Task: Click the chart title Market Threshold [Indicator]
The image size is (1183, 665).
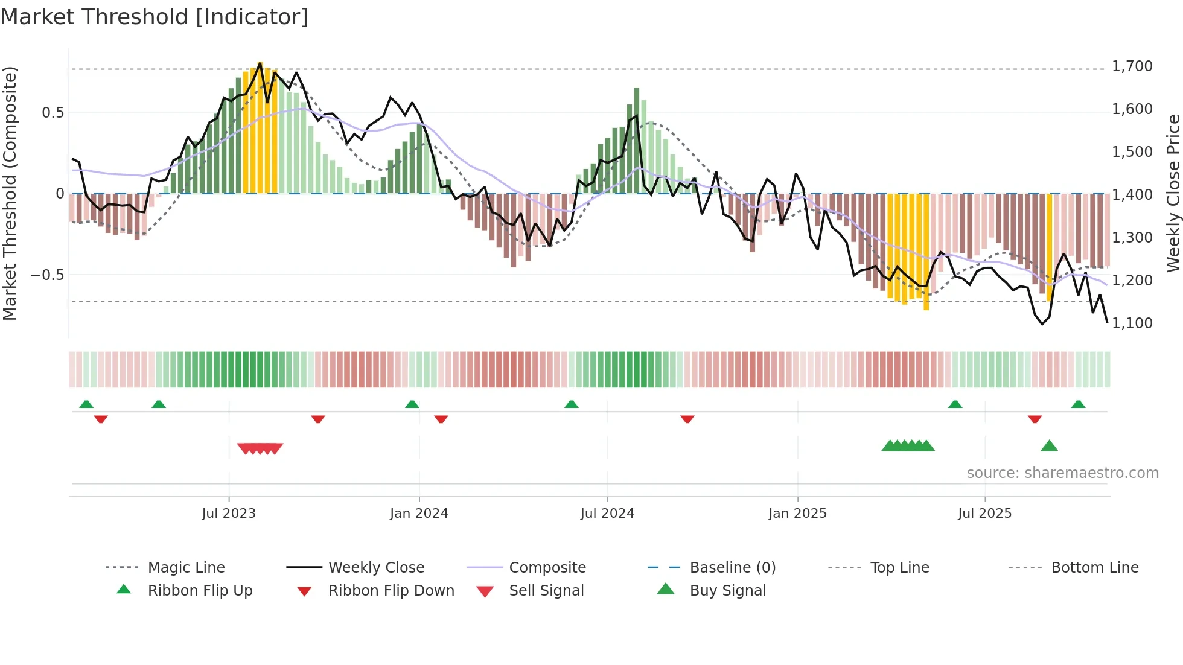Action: tap(155, 17)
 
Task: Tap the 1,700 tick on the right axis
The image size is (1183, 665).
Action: tap(1132, 66)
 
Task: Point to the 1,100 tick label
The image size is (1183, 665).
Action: tap(1132, 323)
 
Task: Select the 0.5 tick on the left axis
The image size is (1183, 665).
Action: tap(53, 113)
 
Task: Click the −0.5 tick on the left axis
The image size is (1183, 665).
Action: tap(48, 275)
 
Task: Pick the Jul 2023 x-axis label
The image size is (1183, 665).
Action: tap(229, 514)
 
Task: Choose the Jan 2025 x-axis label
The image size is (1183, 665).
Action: tap(797, 514)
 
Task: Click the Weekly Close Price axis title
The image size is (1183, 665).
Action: tap(1173, 193)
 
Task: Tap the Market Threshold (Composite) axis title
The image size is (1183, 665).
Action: tap(10, 193)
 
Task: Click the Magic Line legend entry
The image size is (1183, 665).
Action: tap(186, 568)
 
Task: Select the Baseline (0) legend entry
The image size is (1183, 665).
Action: tap(732, 568)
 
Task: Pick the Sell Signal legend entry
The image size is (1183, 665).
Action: tap(546, 591)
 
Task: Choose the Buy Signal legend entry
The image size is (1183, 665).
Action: tap(727, 591)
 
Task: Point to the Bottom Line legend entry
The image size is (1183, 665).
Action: tap(1094, 568)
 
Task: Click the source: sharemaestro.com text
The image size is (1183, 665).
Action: tap(1062, 473)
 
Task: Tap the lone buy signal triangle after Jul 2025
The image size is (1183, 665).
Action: tap(1049, 446)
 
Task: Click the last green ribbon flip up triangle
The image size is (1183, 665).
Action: tap(1078, 404)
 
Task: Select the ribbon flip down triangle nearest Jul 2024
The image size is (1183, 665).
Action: tap(687, 419)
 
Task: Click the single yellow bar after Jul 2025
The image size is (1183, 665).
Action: tap(1049, 247)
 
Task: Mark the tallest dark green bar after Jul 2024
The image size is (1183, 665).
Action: tap(637, 140)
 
